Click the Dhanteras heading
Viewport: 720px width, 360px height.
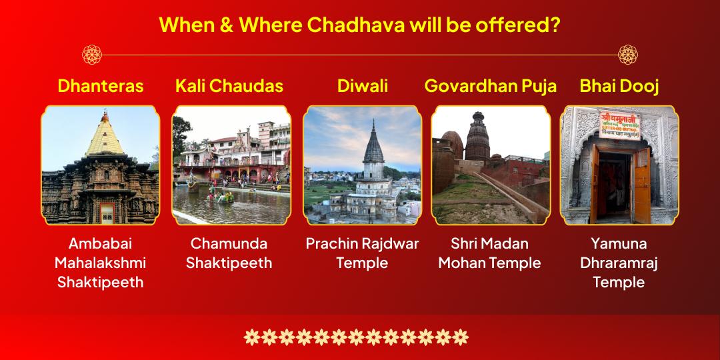(100, 86)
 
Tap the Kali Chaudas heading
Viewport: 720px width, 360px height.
(229, 86)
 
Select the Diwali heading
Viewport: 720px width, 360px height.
(363, 86)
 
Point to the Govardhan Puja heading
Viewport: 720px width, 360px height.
(491, 86)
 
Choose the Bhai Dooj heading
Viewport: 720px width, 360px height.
(619, 86)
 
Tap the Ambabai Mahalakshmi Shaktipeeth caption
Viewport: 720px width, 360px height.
(100, 263)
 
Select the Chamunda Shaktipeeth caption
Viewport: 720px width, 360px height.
(229, 253)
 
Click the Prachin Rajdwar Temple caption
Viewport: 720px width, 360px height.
(363, 253)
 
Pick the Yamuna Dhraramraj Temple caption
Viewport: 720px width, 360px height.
(619, 263)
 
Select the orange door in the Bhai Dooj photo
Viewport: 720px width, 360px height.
(641, 183)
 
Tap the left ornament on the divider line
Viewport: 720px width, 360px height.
(91, 55)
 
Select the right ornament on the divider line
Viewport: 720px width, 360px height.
(628, 55)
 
